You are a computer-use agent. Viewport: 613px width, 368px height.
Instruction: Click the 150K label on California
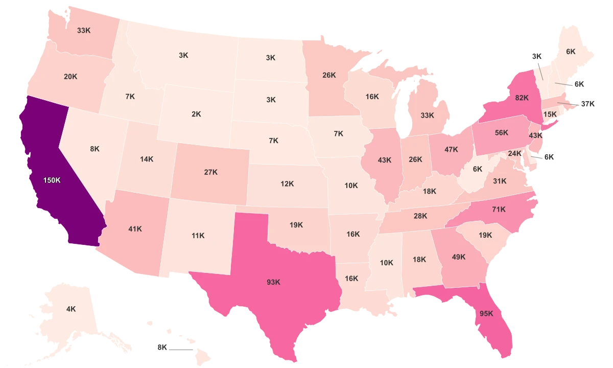click(x=52, y=180)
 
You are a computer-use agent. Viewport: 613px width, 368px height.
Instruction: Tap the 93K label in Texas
click(x=274, y=282)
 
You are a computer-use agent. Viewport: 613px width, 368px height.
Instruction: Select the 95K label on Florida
click(x=486, y=314)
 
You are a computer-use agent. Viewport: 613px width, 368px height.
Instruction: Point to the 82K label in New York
click(x=522, y=98)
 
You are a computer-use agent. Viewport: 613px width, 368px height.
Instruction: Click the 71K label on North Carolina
click(x=499, y=209)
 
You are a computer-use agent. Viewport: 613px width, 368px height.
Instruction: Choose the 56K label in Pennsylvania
click(x=502, y=133)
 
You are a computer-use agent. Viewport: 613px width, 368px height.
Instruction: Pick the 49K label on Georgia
click(x=459, y=257)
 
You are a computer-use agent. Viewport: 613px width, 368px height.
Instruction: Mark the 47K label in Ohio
click(x=451, y=150)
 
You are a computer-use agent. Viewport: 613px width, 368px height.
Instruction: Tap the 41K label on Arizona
click(x=135, y=229)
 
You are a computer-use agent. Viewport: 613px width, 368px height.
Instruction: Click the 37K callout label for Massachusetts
click(x=588, y=104)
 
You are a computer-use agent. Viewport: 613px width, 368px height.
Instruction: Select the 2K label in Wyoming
click(x=196, y=114)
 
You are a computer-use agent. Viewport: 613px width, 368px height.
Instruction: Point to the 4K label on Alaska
click(x=71, y=309)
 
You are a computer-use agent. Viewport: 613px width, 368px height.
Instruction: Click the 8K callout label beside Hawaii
click(x=162, y=348)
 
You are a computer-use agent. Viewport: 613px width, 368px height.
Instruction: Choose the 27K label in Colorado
click(x=210, y=172)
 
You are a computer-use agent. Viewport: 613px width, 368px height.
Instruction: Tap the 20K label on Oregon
click(x=70, y=77)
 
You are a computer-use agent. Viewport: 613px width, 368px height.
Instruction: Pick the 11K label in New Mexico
click(x=198, y=236)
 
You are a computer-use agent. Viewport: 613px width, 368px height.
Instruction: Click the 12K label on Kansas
click(x=287, y=183)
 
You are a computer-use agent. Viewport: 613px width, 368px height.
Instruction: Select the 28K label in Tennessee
click(x=420, y=216)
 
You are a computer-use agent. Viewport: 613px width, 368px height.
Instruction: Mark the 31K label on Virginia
click(x=500, y=181)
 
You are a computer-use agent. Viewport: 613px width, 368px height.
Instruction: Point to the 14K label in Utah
click(x=147, y=159)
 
